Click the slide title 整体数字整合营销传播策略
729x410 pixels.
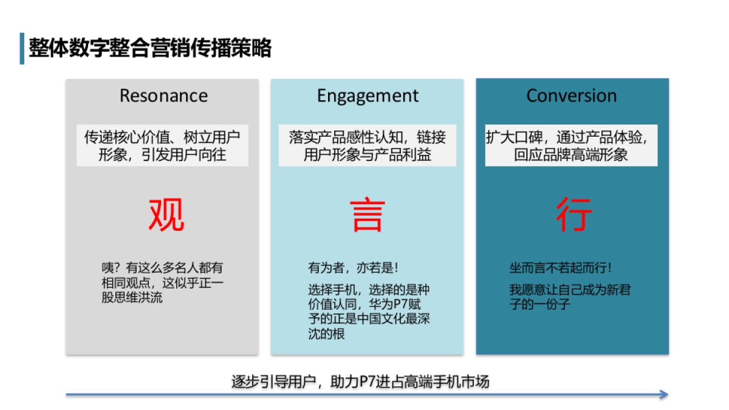click(x=150, y=49)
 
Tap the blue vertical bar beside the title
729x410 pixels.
click(x=22, y=49)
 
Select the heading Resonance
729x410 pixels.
click(x=163, y=96)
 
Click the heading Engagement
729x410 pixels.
click(x=368, y=96)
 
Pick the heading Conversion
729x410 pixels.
click(x=571, y=96)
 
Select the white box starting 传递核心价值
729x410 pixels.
click(x=162, y=146)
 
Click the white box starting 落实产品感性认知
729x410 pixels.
click(x=368, y=146)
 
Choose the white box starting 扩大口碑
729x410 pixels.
click(x=571, y=146)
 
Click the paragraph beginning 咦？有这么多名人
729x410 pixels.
click(x=162, y=283)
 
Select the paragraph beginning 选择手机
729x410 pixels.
click(x=369, y=312)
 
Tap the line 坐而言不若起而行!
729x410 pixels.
click(x=560, y=268)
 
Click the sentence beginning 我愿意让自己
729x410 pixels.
click(x=569, y=297)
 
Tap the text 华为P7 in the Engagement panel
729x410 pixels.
click(x=388, y=304)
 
